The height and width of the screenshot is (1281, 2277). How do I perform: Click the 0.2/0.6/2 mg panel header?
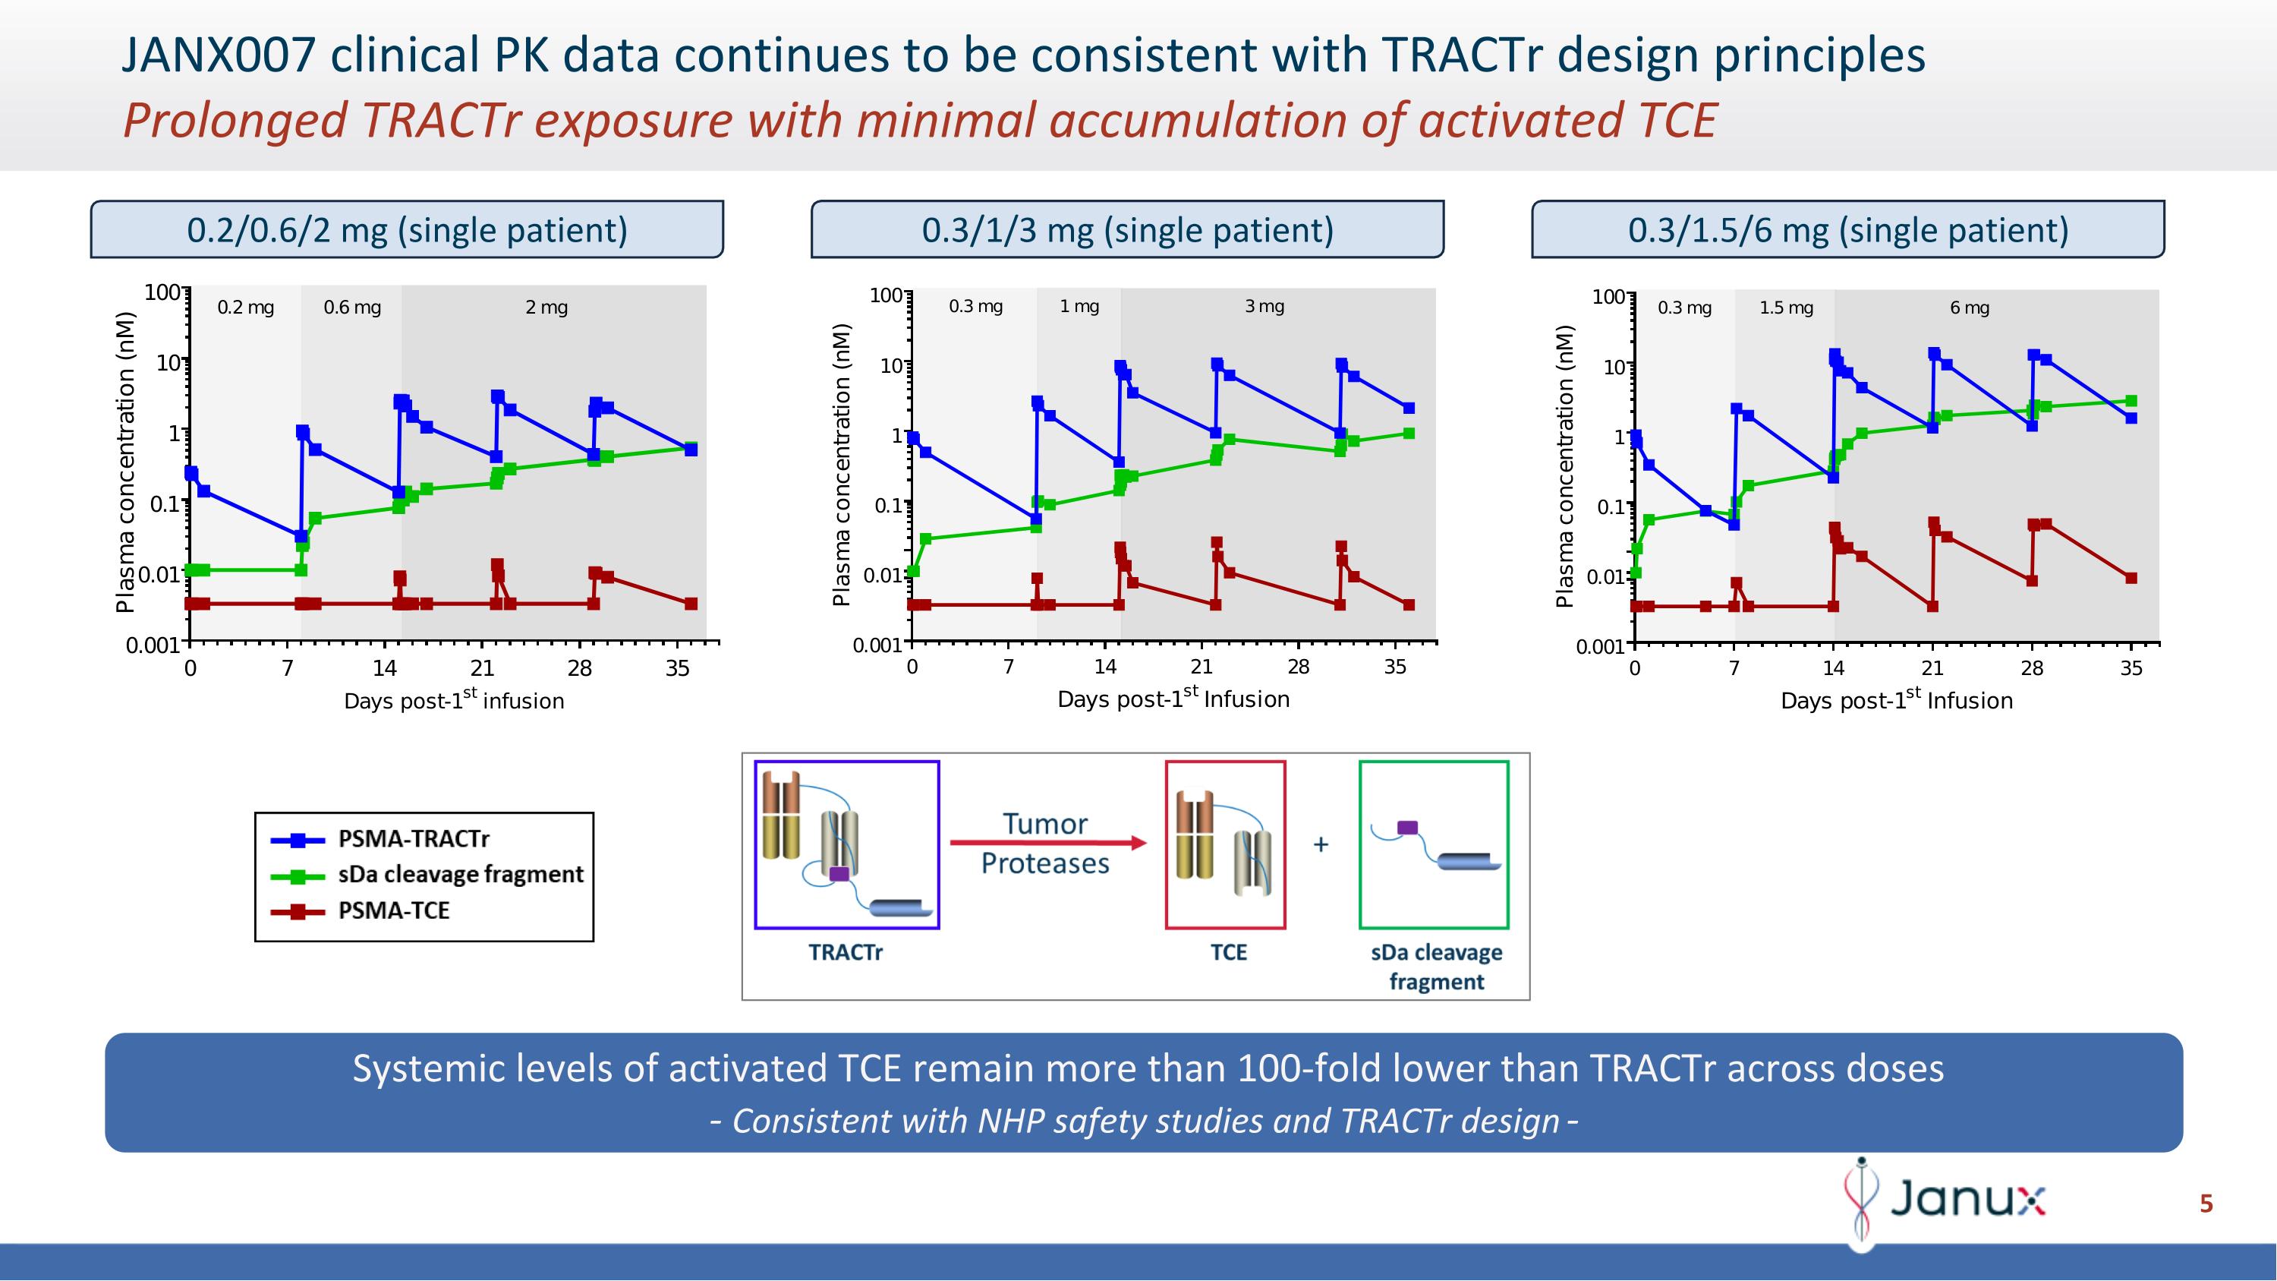[x=407, y=230]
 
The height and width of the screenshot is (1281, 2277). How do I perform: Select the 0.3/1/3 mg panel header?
[x=1127, y=230]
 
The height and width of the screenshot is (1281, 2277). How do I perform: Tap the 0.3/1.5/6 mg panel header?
[x=1847, y=230]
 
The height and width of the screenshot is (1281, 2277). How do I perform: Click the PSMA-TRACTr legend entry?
[x=413, y=838]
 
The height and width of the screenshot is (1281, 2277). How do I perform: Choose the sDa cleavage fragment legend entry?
[x=460, y=874]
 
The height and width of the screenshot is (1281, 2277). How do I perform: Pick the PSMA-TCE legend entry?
[x=393, y=910]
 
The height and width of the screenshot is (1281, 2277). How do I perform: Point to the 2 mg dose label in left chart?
[x=546, y=308]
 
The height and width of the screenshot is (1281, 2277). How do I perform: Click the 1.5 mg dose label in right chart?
[x=1785, y=308]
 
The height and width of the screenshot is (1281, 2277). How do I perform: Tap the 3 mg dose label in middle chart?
[x=1264, y=306]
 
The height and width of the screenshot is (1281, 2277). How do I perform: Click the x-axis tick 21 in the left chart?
[x=482, y=668]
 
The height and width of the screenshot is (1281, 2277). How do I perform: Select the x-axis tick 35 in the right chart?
[x=2131, y=668]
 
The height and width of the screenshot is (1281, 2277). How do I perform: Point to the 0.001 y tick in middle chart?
[x=876, y=645]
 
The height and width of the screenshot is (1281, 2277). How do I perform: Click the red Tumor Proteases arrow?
[x=1047, y=843]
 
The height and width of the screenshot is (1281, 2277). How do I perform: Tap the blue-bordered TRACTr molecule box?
[x=847, y=844]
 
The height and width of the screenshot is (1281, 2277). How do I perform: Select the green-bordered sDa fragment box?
[x=1434, y=844]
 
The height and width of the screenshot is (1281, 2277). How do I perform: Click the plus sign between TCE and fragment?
[x=1321, y=844]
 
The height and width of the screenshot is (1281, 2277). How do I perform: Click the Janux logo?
[x=1945, y=1200]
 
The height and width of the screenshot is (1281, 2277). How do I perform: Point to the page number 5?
[x=2206, y=1204]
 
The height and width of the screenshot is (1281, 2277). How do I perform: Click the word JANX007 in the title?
[x=217, y=55]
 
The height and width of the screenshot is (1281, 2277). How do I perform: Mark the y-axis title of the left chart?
[x=125, y=462]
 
